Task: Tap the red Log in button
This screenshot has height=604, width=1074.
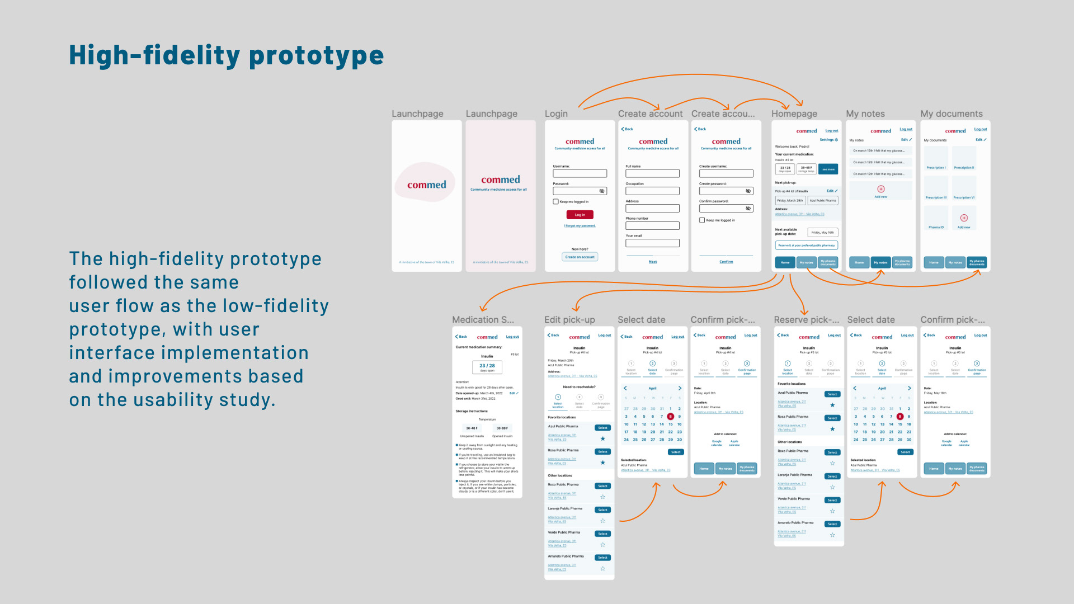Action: click(x=580, y=215)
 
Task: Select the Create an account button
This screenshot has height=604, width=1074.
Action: click(x=580, y=257)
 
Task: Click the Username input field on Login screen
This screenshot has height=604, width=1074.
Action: click(x=580, y=174)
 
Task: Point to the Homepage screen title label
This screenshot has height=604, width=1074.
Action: click(x=794, y=114)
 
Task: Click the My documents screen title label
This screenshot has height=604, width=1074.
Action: click(x=951, y=114)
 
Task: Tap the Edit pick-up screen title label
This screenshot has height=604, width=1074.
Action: click(x=569, y=320)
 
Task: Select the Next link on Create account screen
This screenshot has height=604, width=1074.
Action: click(x=653, y=262)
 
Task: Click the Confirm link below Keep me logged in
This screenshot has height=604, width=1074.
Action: click(x=726, y=262)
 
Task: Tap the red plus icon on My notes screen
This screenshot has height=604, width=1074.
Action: click(x=881, y=189)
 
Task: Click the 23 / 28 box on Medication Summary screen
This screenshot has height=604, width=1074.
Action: click(x=487, y=367)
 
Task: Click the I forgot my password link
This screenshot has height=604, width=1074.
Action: click(x=580, y=226)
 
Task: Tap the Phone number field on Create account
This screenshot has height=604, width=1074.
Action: click(x=652, y=226)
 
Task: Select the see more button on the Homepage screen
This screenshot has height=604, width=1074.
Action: click(x=828, y=169)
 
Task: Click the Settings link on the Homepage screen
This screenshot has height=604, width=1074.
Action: click(x=828, y=140)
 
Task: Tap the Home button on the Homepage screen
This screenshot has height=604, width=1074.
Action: click(x=785, y=262)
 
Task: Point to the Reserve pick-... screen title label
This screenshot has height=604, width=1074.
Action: click(x=806, y=320)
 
